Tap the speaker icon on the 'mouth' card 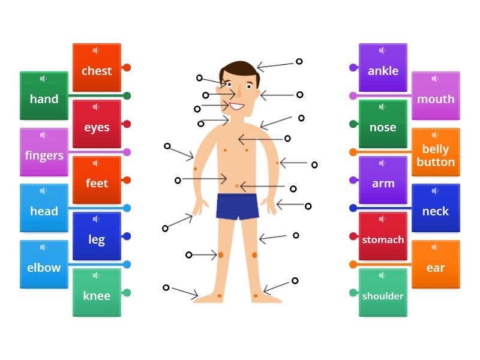pos(435,79)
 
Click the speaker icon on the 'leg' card pos(96,219)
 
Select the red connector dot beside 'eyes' pos(127,124)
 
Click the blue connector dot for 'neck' pos(353,208)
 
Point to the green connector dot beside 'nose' pos(353,124)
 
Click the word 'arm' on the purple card pos(383,184)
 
